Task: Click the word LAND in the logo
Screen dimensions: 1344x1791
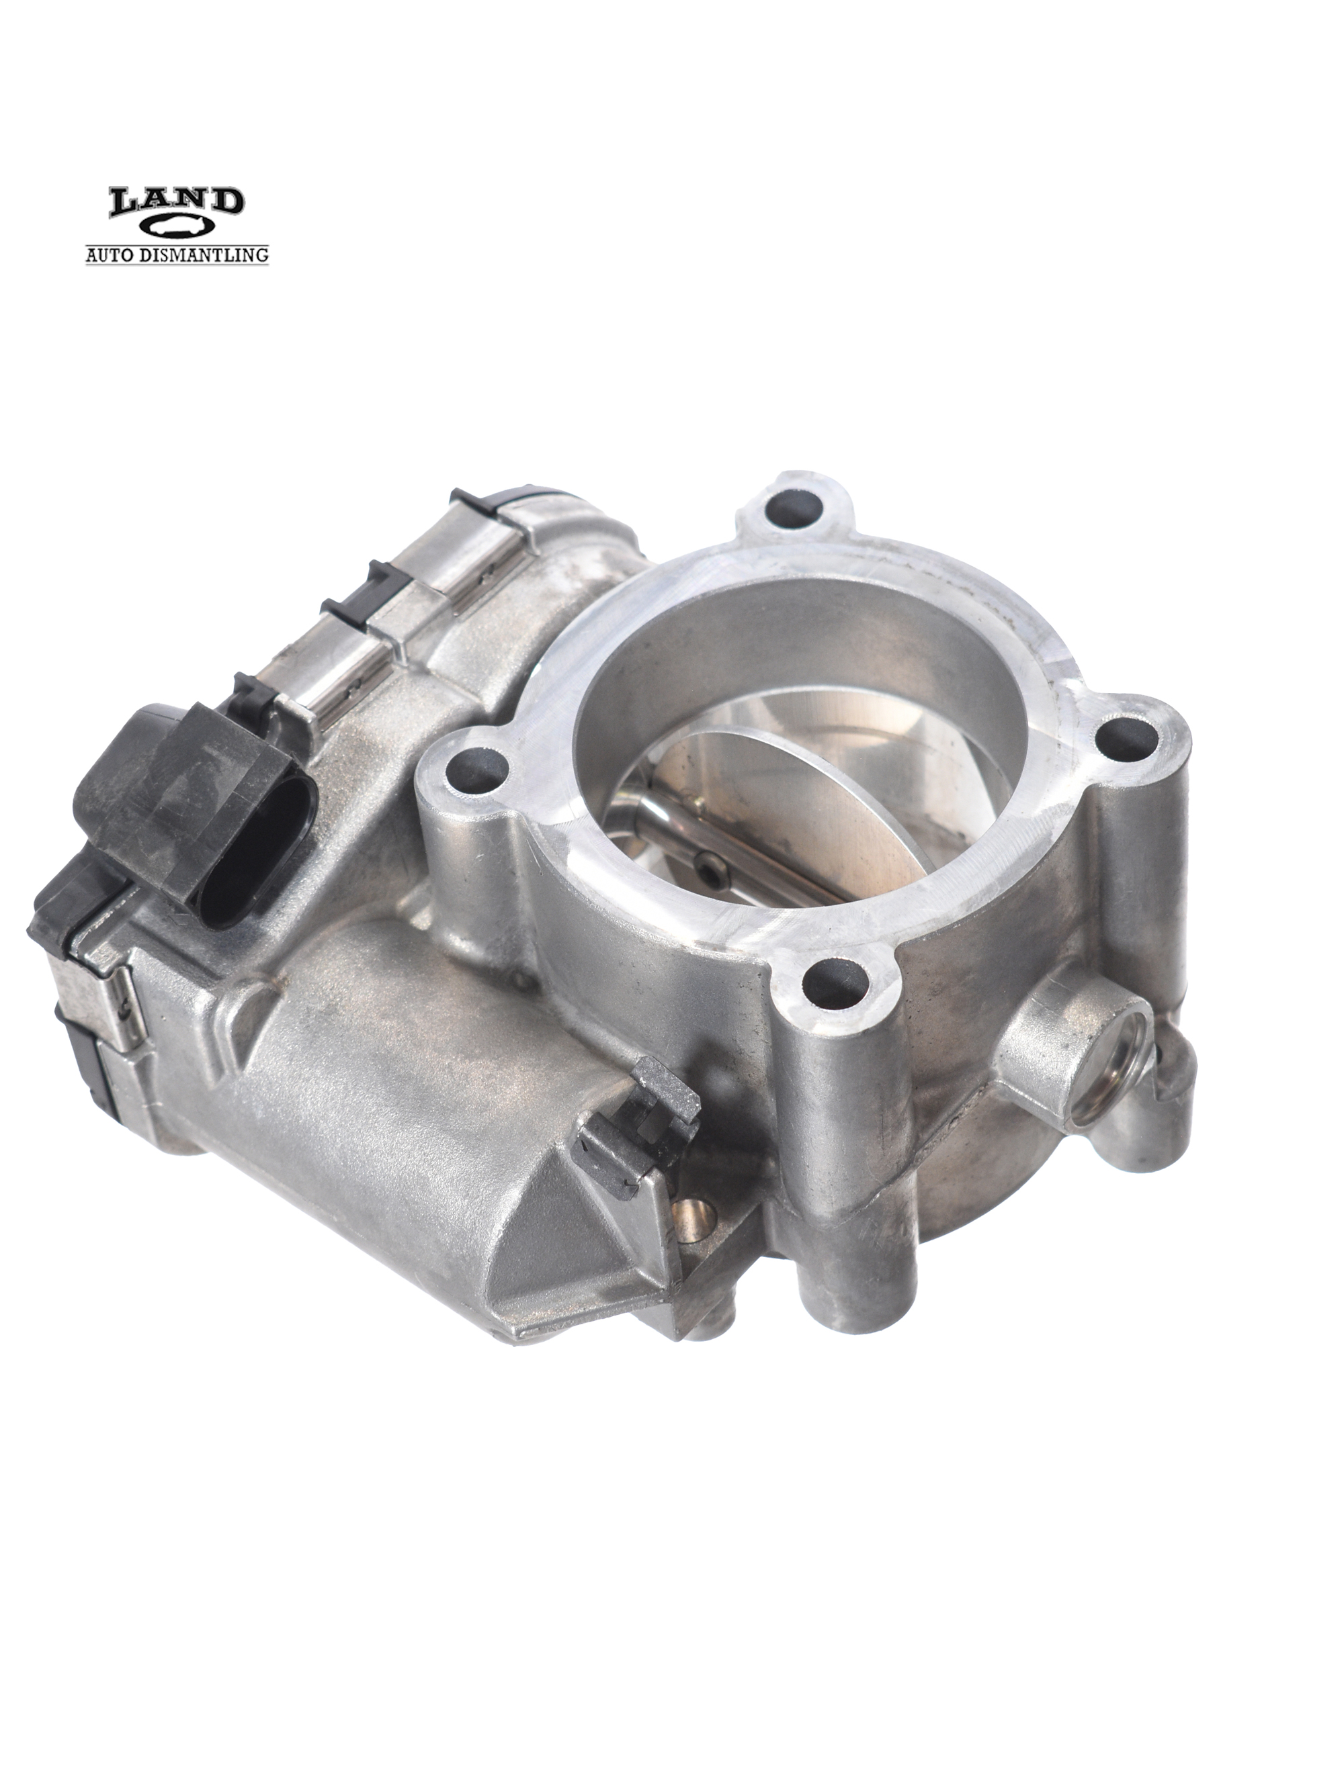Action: tap(176, 202)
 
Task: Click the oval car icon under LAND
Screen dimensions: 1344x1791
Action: tap(177, 228)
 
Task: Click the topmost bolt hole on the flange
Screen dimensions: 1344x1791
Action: tap(793, 508)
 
